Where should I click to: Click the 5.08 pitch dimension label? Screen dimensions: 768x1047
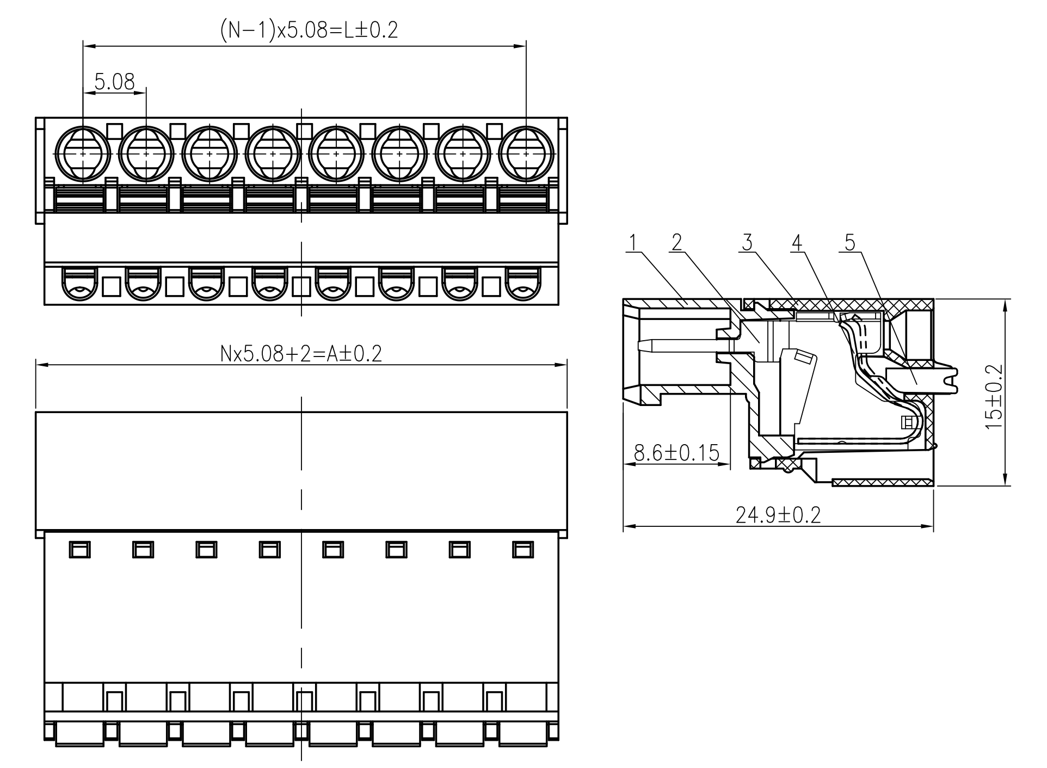click(114, 82)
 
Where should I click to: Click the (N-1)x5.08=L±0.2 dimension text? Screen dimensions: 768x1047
click(309, 30)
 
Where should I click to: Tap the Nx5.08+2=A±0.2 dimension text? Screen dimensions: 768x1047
click(301, 354)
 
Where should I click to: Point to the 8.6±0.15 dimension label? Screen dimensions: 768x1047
click(676, 452)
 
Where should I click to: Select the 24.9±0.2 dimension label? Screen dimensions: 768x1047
click(778, 514)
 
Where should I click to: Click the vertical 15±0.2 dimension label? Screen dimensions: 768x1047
click(994, 396)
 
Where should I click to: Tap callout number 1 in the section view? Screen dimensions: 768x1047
click(632, 242)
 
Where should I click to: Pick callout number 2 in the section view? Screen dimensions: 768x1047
click(676, 242)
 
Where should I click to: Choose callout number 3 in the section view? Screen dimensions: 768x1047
click(747, 242)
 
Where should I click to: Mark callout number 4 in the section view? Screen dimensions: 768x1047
click(797, 242)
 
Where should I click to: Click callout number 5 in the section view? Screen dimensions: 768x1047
click(850, 242)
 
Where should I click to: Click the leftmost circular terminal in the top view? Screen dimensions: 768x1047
click(83, 154)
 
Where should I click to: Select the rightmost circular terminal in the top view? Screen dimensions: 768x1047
click(526, 154)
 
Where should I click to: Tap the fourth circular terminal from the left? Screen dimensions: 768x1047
click(273, 154)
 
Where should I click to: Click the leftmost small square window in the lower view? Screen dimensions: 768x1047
click(79, 550)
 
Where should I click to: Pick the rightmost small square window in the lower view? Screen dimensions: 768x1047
click(522, 550)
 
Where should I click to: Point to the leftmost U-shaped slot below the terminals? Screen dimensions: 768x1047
click(79, 284)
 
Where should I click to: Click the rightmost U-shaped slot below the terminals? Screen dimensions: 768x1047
click(523, 284)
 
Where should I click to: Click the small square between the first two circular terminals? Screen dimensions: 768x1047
click(114, 131)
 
